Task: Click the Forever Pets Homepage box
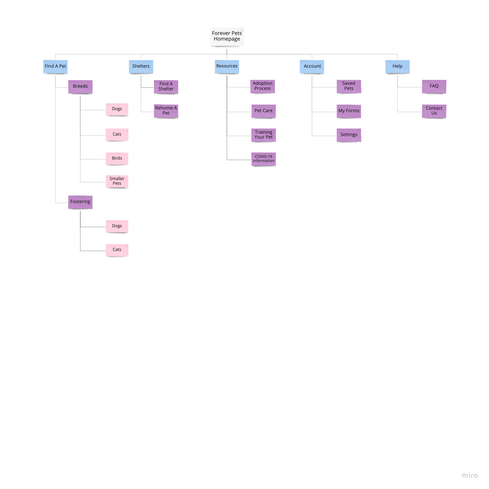(227, 36)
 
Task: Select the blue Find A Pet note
(55, 66)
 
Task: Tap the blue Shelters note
(141, 66)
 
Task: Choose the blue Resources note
(227, 66)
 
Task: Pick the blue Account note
(312, 66)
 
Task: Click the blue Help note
(397, 66)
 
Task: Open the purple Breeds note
(80, 86)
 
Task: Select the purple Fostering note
(80, 202)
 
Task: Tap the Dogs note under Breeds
(117, 109)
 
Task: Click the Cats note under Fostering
(117, 250)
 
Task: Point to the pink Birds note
(117, 158)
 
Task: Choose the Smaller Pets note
(117, 181)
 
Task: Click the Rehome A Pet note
(166, 111)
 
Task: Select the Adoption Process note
(262, 86)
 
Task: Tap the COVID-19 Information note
(263, 159)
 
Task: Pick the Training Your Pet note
(263, 135)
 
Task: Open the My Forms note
(349, 111)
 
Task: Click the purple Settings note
(349, 135)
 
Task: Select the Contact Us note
(434, 111)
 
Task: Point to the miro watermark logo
(469, 475)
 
